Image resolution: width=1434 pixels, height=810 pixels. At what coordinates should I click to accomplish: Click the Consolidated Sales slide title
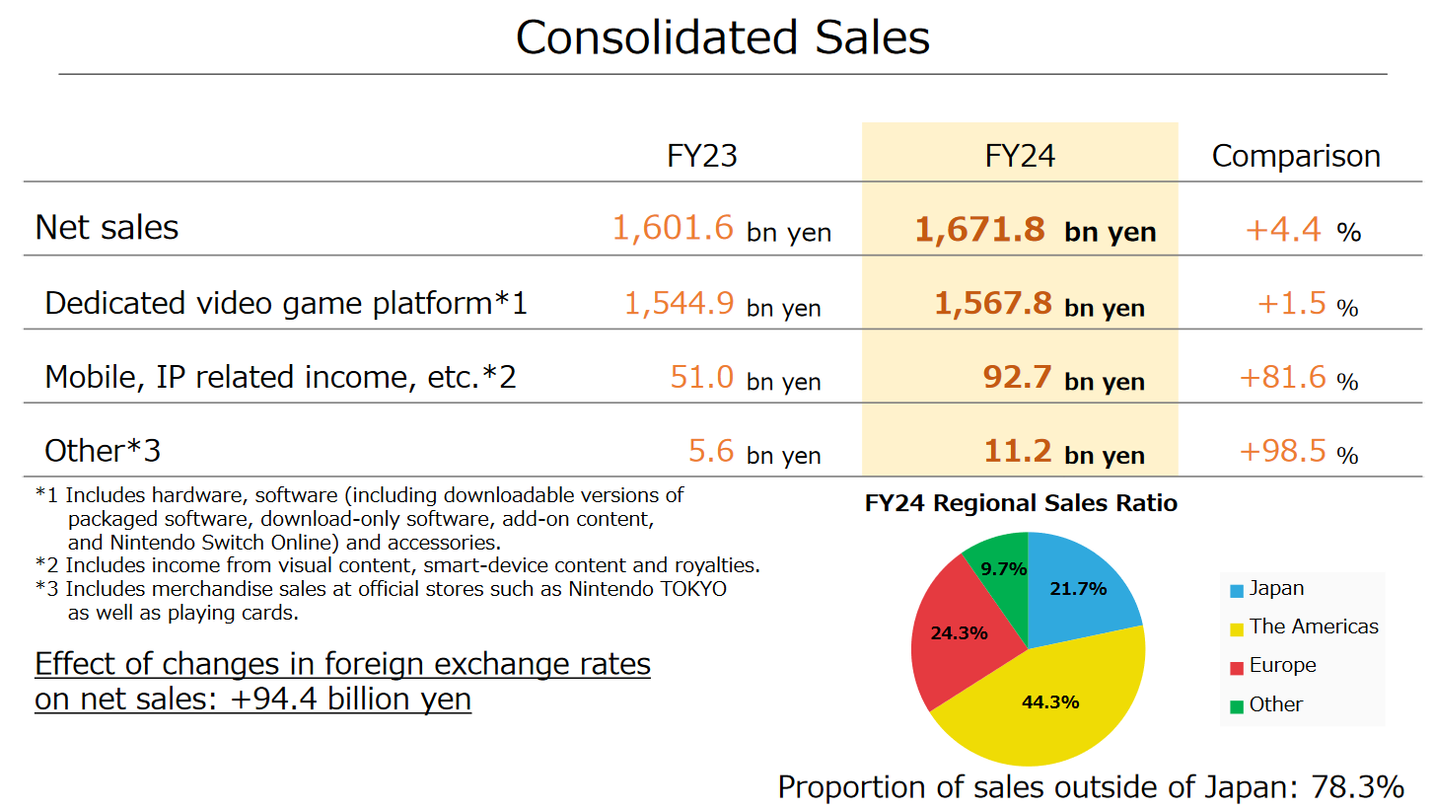(x=722, y=38)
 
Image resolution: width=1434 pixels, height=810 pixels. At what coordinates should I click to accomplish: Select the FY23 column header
(x=701, y=156)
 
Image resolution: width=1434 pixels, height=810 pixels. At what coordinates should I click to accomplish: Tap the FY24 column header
(x=1020, y=156)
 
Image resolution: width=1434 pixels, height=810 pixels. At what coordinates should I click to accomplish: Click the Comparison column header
(x=1295, y=156)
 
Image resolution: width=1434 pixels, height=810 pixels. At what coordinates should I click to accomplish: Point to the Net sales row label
(x=107, y=228)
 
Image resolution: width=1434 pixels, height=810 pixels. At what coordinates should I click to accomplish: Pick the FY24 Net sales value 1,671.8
(x=979, y=230)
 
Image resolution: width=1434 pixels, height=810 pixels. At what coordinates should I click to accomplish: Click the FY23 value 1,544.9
(x=679, y=303)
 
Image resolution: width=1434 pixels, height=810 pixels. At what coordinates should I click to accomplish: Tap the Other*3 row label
(x=103, y=451)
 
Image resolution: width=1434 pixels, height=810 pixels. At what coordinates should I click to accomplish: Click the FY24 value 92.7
(x=1017, y=377)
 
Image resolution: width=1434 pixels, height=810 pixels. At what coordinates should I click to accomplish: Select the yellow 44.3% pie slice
(x=1049, y=702)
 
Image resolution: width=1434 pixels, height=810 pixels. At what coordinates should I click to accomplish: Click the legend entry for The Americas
(x=1313, y=626)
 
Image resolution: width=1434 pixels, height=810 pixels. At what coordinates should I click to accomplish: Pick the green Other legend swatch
(x=1236, y=706)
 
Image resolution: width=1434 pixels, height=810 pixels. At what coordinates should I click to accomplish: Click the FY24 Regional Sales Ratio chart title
(x=1021, y=503)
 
